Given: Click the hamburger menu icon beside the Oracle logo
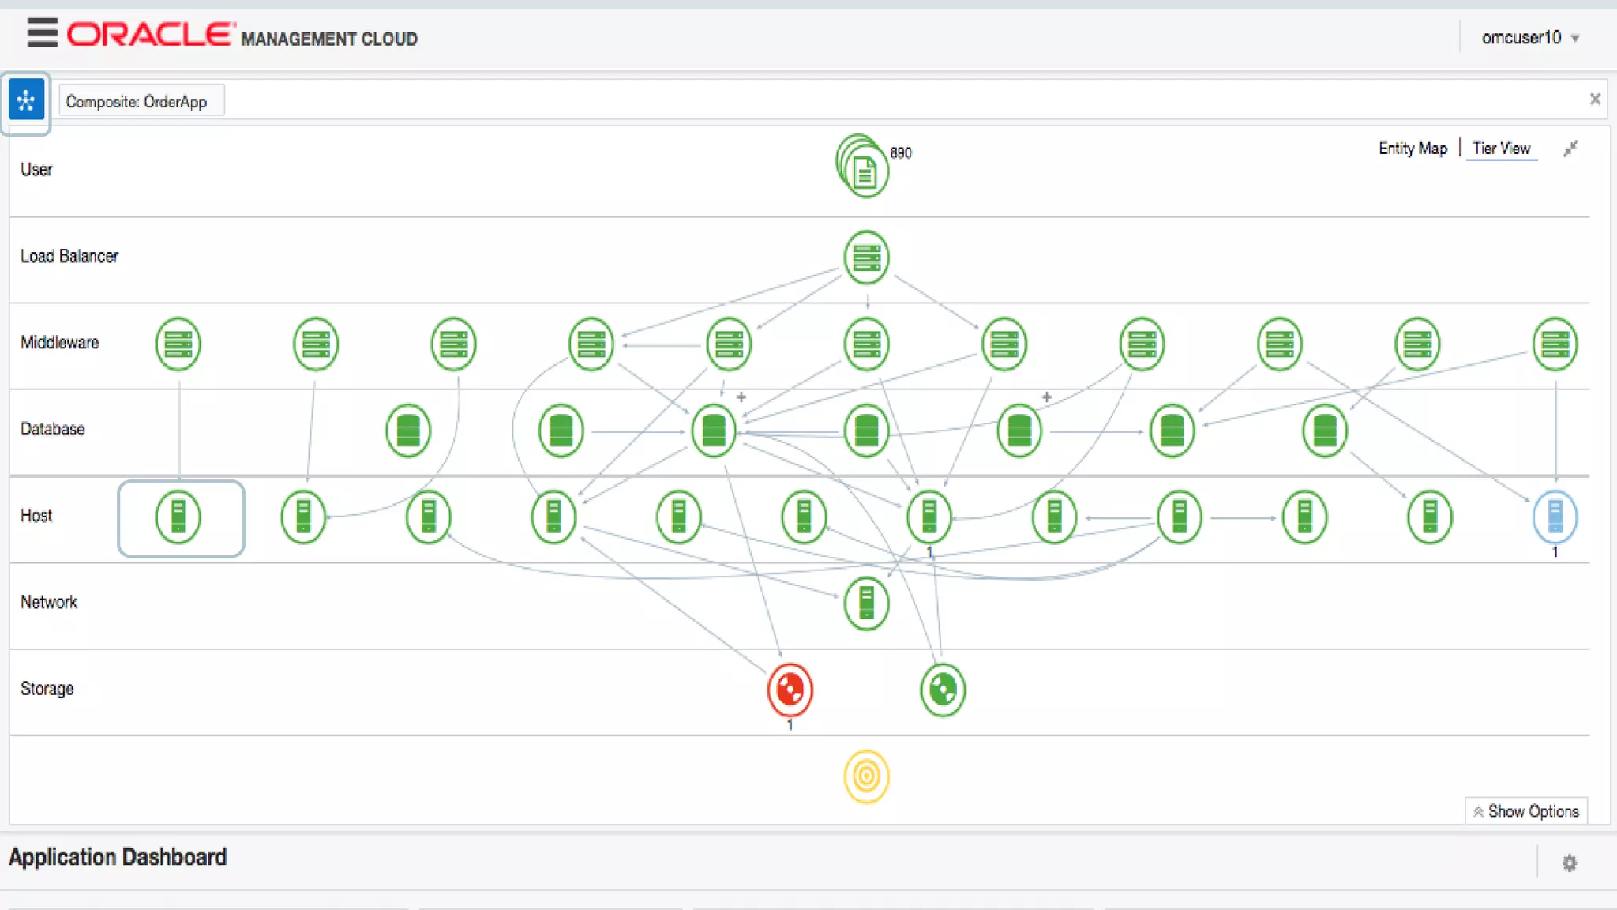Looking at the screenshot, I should click(x=42, y=33).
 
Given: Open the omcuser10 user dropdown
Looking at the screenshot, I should click(x=1530, y=38).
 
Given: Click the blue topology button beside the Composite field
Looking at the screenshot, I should click(x=26, y=101).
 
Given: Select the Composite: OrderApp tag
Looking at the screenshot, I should click(x=137, y=102).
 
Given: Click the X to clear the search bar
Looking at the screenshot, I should click(x=1594, y=100).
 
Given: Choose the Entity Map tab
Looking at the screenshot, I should click(x=1413, y=149).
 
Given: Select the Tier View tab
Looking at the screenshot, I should click(x=1501, y=149).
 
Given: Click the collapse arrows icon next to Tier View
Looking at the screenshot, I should click(x=1570, y=149).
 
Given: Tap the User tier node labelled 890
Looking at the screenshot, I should click(x=865, y=168).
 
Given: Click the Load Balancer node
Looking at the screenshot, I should click(x=866, y=258).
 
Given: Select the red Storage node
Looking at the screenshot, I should click(x=790, y=690).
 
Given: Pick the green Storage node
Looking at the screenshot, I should click(x=942, y=690).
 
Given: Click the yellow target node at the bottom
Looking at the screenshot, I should click(x=866, y=777).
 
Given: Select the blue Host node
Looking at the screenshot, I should click(x=1555, y=517).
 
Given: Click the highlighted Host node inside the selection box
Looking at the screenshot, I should click(x=178, y=517).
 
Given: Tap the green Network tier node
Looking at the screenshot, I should click(x=866, y=604).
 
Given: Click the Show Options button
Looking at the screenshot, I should click(x=1526, y=811).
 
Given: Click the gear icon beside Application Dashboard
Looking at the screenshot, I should click(x=1569, y=863).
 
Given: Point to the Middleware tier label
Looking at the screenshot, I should click(x=60, y=343).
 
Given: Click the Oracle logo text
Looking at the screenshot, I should click(x=150, y=35).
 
